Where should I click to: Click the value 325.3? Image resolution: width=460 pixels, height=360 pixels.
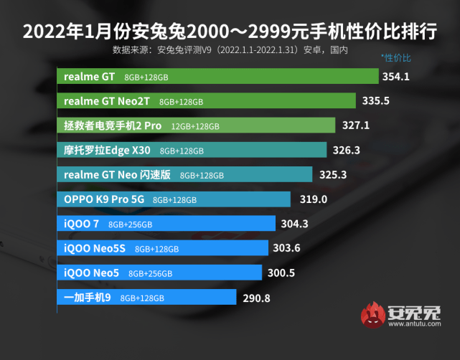[333, 174]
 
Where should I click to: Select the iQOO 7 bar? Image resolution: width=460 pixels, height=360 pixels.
[166, 224]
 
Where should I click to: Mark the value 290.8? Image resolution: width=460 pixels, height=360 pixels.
[256, 298]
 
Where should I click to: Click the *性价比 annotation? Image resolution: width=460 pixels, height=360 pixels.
[397, 57]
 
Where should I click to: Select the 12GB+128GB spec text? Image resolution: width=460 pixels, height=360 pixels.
[195, 126]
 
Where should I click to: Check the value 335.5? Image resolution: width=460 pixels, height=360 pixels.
[376, 101]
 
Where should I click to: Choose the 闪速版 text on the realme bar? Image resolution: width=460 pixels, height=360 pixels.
[156, 175]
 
